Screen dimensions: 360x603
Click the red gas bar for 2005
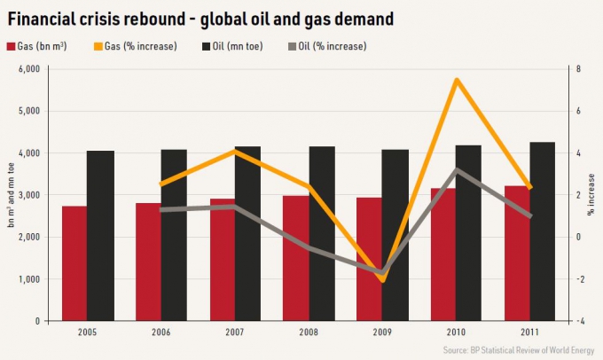[x=74, y=263]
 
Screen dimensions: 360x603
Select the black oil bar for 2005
[x=100, y=236]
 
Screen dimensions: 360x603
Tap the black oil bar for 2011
[x=543, y=231]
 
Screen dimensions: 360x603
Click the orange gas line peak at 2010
[x=456, y=80]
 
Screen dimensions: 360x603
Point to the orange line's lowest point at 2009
[x=382, y=280]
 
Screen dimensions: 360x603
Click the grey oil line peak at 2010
[x=456, y=169]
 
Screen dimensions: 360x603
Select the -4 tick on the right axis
[x=577, y=321]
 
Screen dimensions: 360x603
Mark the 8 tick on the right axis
[x=578, y=69]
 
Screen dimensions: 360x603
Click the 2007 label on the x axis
[x=235, y=333]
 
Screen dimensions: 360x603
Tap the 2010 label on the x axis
[x=457, y=333]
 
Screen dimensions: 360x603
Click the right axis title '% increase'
[x=591, y=195]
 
